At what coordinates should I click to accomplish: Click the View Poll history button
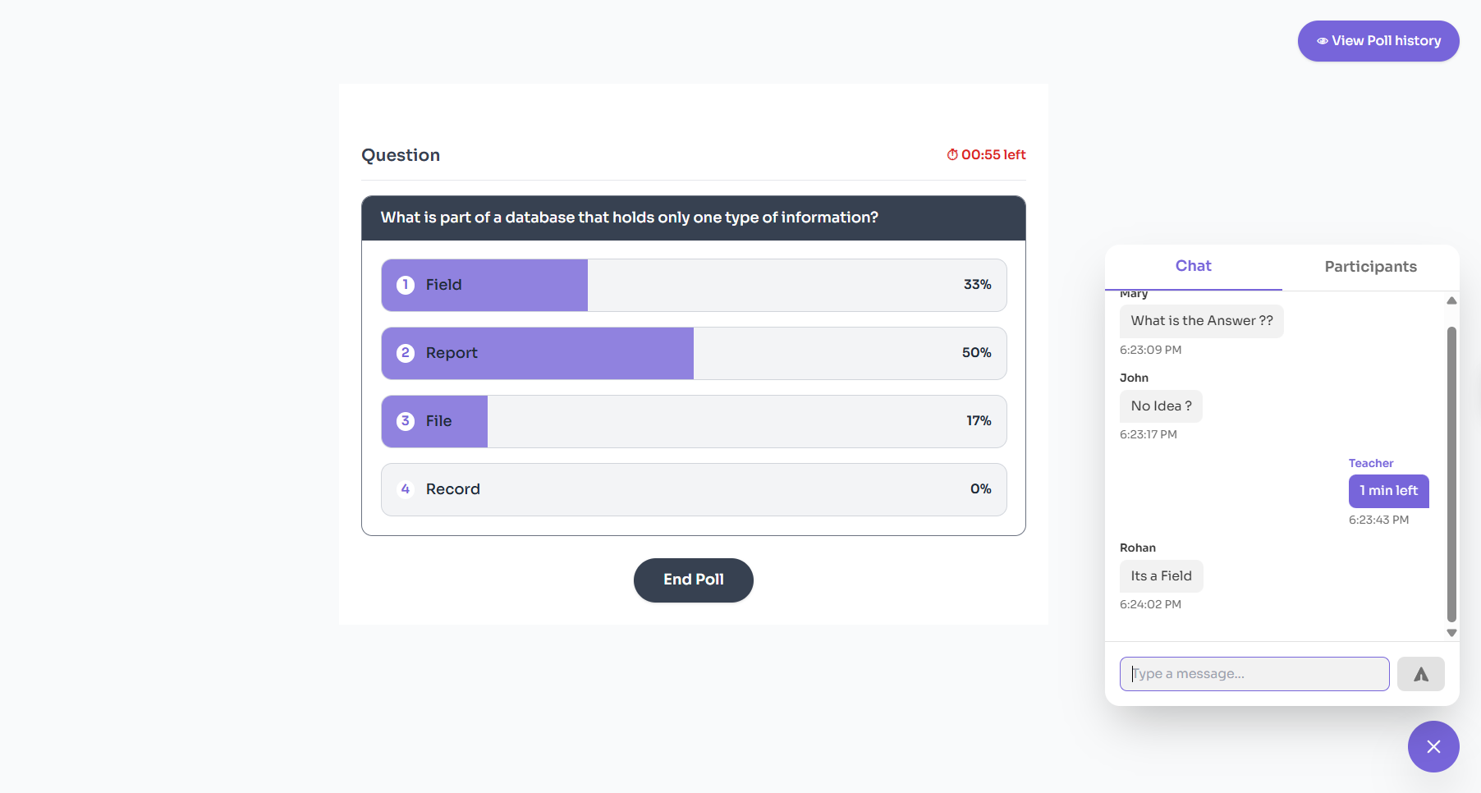1378,41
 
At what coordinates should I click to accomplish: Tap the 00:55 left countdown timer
986,154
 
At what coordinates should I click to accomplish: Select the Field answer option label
443,285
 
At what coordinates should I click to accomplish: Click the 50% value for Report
976,353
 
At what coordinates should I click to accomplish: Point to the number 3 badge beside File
405,421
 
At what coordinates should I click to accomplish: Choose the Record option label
452,489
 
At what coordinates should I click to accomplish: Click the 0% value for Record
980,489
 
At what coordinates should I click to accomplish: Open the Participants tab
1370,267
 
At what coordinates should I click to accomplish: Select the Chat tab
1193,266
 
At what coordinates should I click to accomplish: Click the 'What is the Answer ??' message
1201,321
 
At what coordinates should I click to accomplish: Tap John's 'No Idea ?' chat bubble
1161,406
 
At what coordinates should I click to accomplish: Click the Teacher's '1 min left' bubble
1388,491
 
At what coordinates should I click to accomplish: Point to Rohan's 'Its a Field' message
1161,576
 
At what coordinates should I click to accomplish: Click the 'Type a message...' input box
1254,674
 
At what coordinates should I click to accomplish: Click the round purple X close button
1433,746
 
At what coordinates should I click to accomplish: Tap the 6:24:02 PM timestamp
1150,605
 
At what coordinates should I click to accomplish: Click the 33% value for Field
977,285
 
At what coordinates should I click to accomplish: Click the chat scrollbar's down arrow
1451,633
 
